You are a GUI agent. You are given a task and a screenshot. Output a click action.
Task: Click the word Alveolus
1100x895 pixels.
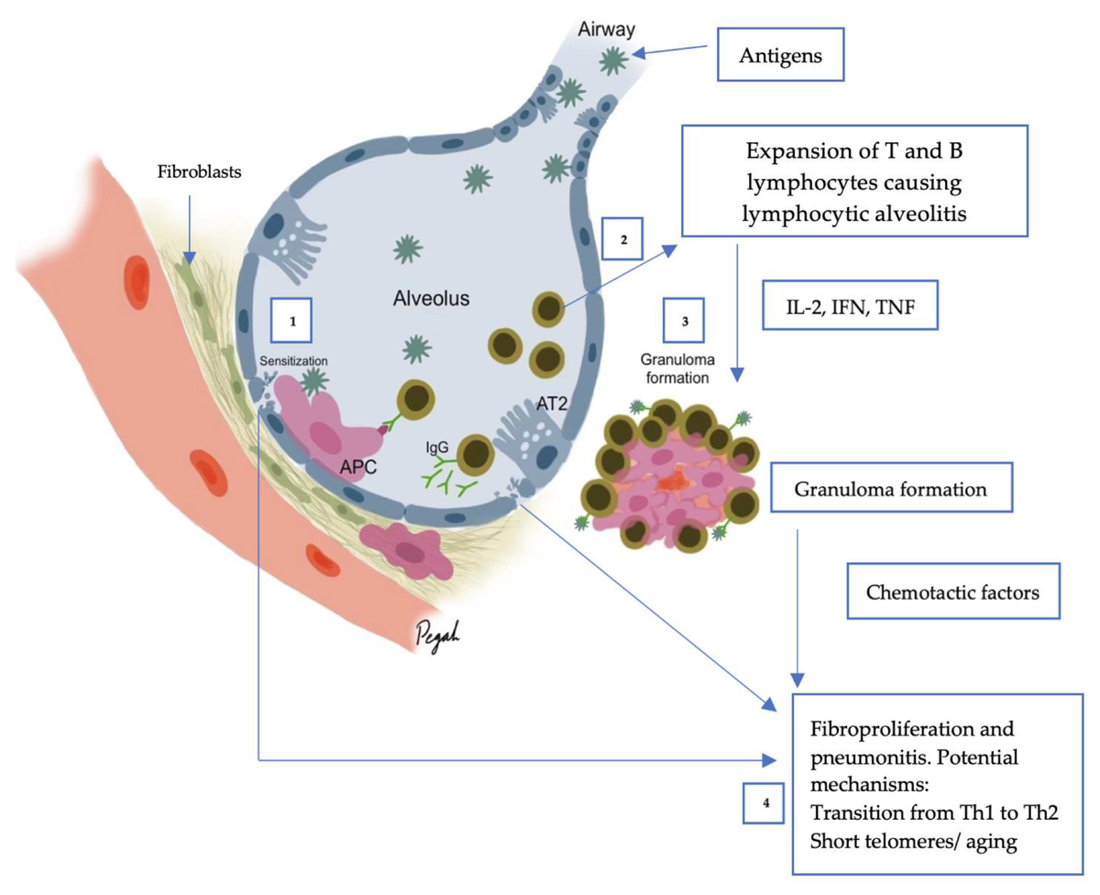pyautogui.click(x=431, y=298)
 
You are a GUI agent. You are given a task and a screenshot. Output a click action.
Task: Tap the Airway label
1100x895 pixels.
pyautogui.click(x=606, y=29)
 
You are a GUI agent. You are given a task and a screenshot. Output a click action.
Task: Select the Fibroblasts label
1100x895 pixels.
pyautogui.click(x=199, y=171)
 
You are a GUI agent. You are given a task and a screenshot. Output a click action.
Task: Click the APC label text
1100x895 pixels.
pyautogui.click(x=357, y=467)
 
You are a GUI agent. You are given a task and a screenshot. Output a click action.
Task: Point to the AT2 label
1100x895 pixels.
pyautogui.click(x=552, y=403)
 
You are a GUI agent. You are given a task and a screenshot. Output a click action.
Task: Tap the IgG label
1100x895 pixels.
pyautogui.click(x=437, y=447)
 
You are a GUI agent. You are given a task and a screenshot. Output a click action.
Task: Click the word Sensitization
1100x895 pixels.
pyautogui.click(x=293, y=361)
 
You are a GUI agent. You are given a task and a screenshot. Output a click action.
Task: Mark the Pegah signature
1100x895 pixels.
pyautogui.click(x=437, y=635)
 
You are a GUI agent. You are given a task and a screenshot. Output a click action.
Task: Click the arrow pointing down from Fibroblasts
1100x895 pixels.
pyautogui.click(x=190, y=229)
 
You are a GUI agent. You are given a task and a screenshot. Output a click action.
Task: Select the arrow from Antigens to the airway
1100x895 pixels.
pyautogui.click(x=670, y=50)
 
